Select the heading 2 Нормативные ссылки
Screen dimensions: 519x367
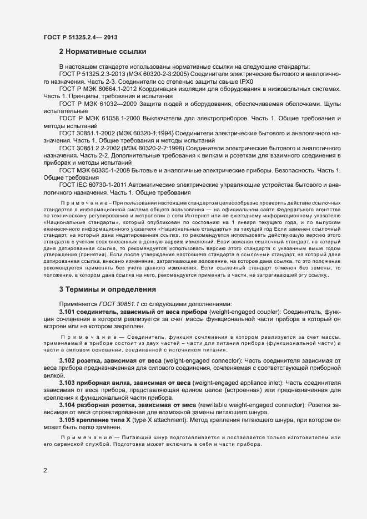pyautogui.click(x=102, y=52)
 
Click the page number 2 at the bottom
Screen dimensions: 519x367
pyautogui.click(x=46, y=471)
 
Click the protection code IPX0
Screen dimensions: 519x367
pyautogui.click(x=244, y=81)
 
